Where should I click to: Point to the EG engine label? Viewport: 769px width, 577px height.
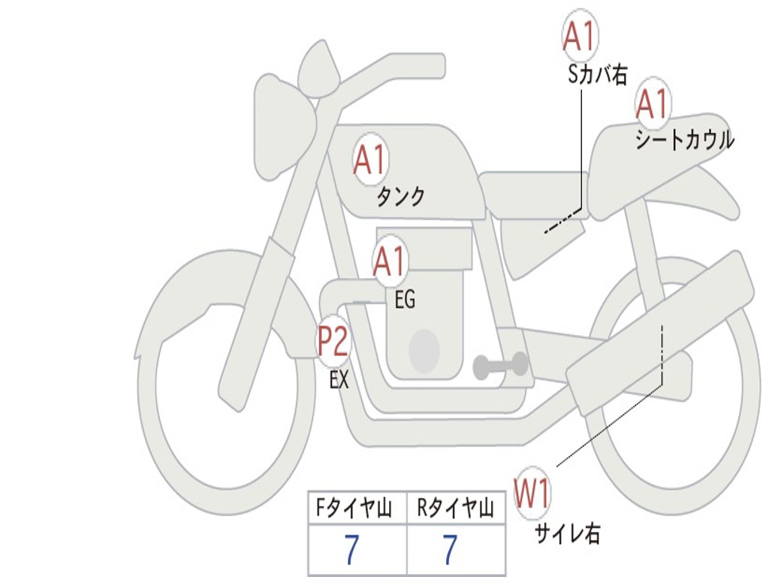405,299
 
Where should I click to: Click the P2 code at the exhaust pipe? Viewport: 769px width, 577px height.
333,341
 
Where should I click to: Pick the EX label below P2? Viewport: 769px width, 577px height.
339,379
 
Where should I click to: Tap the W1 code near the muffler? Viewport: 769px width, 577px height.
532,494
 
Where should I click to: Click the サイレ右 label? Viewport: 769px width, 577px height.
568,533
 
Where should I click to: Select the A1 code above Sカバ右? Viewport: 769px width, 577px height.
581,36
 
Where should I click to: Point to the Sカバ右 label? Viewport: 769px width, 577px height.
597,75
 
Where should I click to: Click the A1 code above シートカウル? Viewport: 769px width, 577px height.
653,104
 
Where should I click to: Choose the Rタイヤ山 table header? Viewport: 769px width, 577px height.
455,508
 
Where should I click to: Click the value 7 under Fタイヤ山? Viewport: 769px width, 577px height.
352,549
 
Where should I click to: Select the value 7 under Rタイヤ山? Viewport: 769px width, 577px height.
451,549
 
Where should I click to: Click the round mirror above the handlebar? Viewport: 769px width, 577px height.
318,70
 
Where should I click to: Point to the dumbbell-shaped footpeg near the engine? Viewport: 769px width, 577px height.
500,366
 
